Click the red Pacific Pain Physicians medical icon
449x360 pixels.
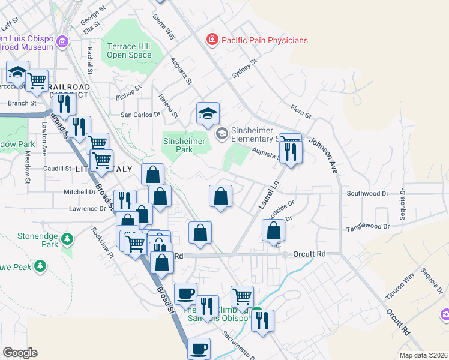(211, 40)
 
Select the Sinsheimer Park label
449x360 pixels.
(184, 145)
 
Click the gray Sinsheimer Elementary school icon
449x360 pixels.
(221, 133)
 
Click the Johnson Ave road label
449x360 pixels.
(324, 155)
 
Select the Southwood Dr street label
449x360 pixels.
(368, 194)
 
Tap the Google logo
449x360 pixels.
(20, 353)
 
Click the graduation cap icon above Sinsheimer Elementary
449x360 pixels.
(208, 113)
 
